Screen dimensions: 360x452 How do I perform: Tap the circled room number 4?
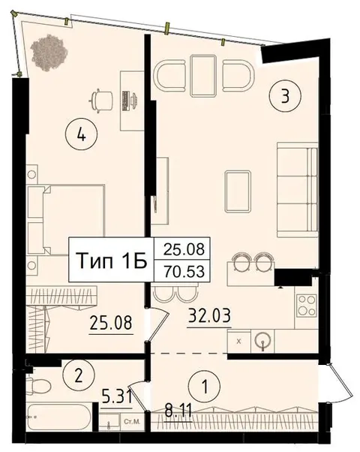pyautogui.click(x=82, y=134)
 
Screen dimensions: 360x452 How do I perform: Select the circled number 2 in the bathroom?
pyautogui.click(x=78, y=375)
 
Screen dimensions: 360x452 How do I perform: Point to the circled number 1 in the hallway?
pyautogui.click(x=205, y=386)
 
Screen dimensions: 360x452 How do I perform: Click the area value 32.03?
pyautogui.click(x=209, y=315)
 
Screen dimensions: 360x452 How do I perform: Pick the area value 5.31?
pyautogui.click(x=117, y=397)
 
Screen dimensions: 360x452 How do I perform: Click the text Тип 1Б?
pyautogui.click(x=112, y=261)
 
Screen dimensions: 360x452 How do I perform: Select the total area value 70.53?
pyautogui.click(x=184, y=271)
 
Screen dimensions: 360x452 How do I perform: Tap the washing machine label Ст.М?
pyautogui.click(x=132, y=421)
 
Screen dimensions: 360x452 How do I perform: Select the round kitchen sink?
pyautogui.click(x=262, y=342)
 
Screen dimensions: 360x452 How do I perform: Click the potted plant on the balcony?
pyautogui.click(x=49, y=53)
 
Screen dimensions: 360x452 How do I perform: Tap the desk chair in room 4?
pyautogui.click(x=101, y=101)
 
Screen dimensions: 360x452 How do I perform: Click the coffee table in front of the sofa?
pyautogui.click(x=238, y=191)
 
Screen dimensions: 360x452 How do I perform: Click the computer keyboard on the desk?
pyautogui.click(x=125, y=101)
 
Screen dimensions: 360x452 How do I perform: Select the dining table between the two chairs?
pyautogui.click(x=203, y=76)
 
